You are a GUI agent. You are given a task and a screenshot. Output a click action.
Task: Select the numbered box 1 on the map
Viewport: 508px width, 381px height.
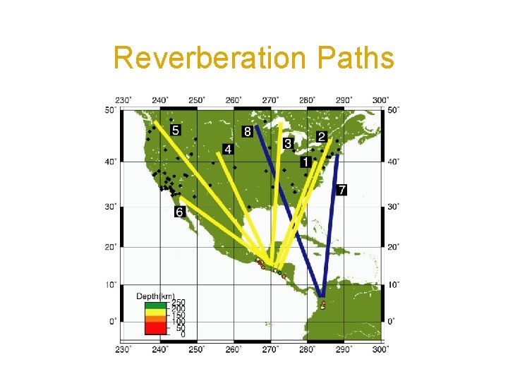click(305, 162)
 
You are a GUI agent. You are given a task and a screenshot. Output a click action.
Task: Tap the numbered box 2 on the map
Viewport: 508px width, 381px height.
click(322, 136)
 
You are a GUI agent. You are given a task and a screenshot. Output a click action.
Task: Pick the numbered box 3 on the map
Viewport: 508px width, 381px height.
click(287, 143)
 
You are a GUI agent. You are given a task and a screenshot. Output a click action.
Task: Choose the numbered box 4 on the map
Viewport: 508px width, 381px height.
click(227, 149)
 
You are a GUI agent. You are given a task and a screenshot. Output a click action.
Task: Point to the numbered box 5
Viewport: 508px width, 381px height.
click(176, 130)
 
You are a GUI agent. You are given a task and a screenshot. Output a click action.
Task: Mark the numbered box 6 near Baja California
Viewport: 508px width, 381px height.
click(180, 212)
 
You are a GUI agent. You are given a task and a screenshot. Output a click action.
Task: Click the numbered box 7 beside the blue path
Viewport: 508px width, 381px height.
click(341, 190)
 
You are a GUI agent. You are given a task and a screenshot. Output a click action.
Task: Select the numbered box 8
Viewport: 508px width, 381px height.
click(248, 131)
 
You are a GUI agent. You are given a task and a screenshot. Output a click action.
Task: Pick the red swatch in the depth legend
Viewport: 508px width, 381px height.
click(154, 329)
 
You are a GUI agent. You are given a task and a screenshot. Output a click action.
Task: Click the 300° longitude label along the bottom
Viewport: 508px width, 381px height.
click(380, 349)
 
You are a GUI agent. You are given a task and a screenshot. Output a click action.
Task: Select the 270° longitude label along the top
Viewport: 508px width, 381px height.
click(270, 99)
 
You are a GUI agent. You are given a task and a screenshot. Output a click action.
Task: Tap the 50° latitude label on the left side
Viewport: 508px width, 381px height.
click(109, 109)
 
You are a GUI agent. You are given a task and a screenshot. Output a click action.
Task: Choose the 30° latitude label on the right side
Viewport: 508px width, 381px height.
click(393, 206)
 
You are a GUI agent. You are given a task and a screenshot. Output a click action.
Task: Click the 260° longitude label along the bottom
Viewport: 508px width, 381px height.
click(234, 349)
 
